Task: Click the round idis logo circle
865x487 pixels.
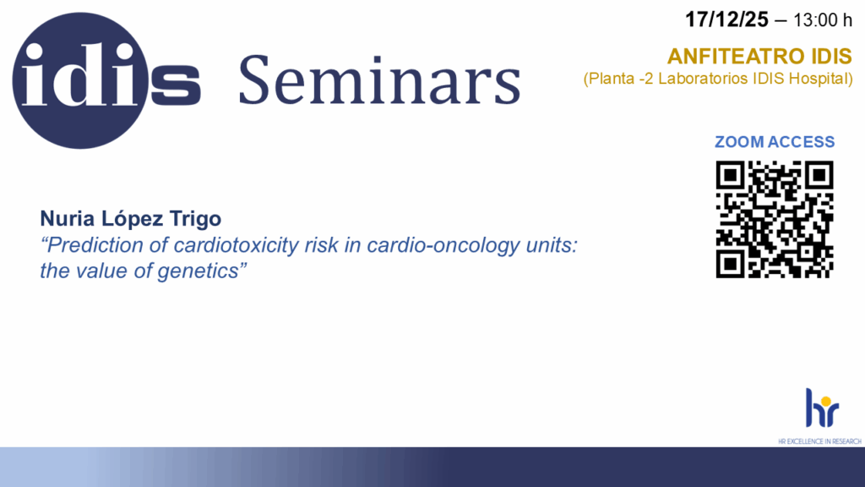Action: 80,80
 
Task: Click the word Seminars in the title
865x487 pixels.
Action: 379,80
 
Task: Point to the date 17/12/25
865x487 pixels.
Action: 726,20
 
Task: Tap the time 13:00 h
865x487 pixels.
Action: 823,20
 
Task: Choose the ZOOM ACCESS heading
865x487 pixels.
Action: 775,142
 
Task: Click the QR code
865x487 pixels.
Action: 775,219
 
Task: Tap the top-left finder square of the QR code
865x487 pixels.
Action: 731,175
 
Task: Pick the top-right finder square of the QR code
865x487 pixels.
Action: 819,175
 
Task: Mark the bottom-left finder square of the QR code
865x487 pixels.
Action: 731,264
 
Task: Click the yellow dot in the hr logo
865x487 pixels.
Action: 825,401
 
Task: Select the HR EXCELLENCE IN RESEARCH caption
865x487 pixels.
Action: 819,441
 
